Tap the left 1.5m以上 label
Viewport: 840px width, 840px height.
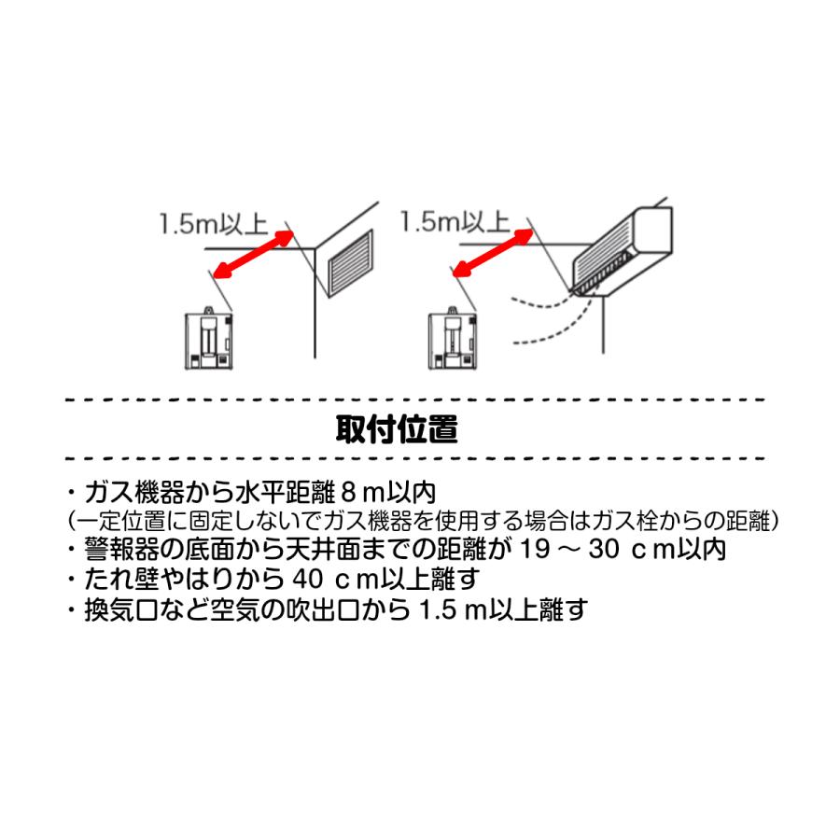point(214,225)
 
